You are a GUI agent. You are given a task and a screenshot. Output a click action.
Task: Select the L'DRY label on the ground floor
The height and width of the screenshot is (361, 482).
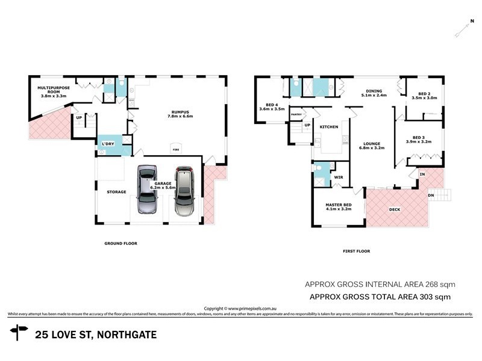point(108,143)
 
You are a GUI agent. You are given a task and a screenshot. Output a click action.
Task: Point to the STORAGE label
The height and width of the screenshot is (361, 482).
point(116,192)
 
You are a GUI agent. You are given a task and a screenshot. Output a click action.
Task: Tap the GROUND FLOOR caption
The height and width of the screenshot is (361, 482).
point(121,244)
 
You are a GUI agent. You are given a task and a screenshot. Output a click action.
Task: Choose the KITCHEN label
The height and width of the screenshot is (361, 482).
point(328,127)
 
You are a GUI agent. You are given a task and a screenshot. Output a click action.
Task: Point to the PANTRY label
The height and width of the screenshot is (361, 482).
point(296,114)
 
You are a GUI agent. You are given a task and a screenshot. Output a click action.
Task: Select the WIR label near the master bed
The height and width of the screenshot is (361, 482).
point(338,177)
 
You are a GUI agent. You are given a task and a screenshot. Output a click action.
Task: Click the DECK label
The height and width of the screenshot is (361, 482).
point(395,210)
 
